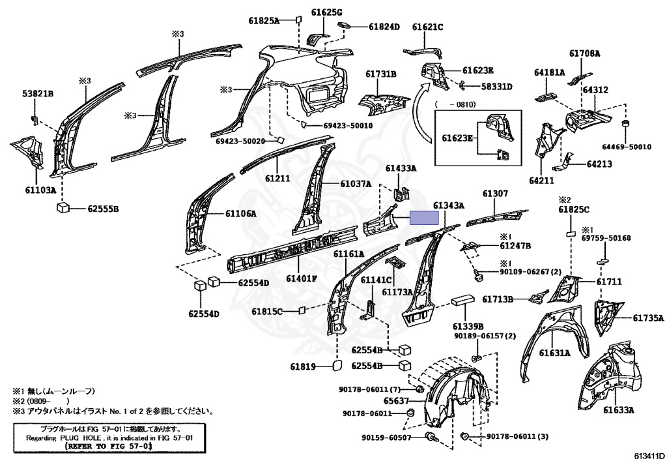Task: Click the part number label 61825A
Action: click(x=264, y=20)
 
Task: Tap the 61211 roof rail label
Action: click(x=277, y=178)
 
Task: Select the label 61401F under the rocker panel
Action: click(x=302, y=279)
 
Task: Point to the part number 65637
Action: click(x=396, y=401)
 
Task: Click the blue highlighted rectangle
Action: click(x=423, y=218)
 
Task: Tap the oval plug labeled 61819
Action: click(x=336, y=366)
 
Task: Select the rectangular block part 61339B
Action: click(x=463, y=300)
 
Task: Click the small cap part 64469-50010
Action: click(x=626, y=124)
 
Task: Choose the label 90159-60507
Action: click(x=387, y=438)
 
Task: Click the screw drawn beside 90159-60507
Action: click(x=431, y=436)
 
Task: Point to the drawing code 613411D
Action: click(x=649, y=456)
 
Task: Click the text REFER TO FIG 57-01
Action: click(x=108, y=446)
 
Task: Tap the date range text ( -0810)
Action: click(x=455, y=104)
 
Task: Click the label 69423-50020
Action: click(x=238, y=141)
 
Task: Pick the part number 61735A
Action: click(x=648, y=318)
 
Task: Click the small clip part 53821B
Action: click(x=35, y=119)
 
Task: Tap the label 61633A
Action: click(x=619, y=410)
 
